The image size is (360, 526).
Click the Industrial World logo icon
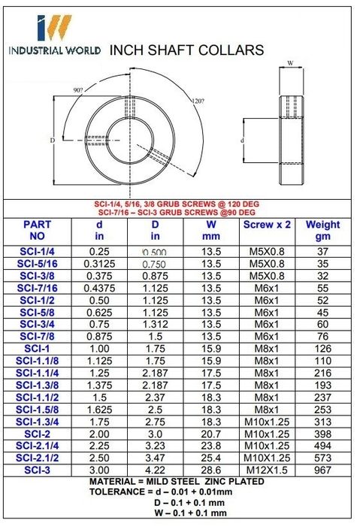[54, 28]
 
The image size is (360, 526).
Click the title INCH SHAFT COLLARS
[186, 50]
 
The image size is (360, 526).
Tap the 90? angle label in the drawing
[78, 90]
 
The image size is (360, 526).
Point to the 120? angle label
[198, 101]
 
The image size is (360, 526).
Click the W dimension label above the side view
[291, 62]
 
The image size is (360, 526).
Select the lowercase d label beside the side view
[242, 141]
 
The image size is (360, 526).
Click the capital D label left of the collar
[53, 141]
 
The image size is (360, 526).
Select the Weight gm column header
[322, 230]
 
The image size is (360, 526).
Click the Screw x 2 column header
[267, 225]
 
